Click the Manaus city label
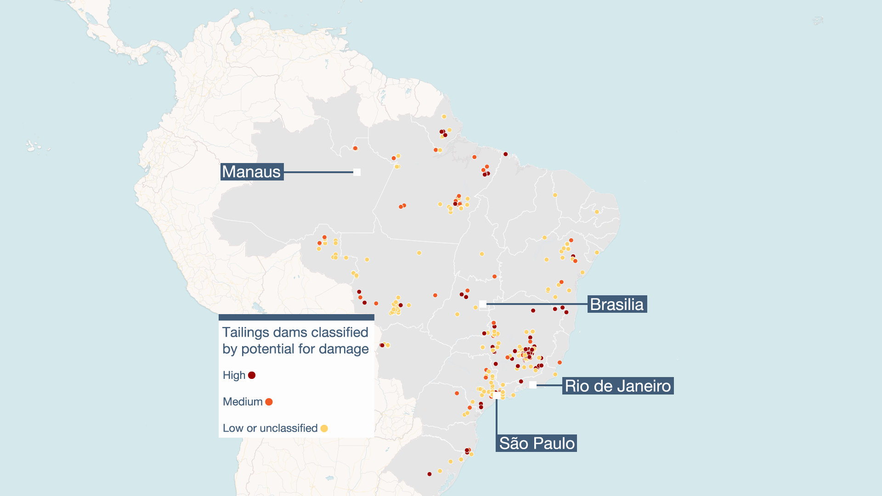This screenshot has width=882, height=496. pos(252,172)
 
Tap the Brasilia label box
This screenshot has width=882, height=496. pos(617,304)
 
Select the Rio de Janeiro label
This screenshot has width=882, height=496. pos(618,386)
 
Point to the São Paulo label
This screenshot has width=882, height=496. pos(537,443)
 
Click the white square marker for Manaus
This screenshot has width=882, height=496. pos(357,172)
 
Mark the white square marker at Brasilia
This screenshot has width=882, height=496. pos(483,304)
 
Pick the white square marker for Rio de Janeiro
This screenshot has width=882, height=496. pos(533,385)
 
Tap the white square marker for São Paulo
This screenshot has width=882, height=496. pos(497,395)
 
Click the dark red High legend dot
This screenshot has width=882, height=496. pos(252,375)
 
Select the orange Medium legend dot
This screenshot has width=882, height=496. pos(269,402)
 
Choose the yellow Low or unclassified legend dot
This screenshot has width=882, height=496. pos(324,428)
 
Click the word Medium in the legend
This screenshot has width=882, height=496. pos(243,402)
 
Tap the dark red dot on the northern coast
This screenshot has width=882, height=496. pos(505,154)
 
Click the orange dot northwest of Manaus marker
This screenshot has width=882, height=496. pos(355,148)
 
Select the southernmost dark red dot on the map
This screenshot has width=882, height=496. pos(430,474)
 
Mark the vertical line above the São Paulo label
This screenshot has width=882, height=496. pos(497,416)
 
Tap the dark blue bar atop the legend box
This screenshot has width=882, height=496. pos(296,317)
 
